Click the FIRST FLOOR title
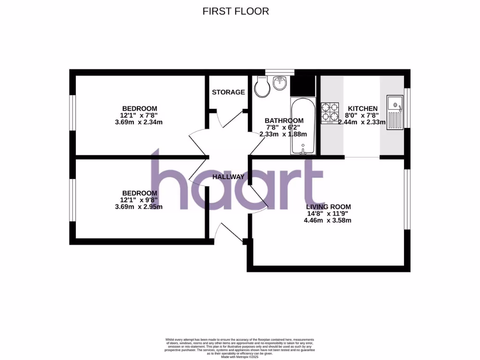click(235, 11)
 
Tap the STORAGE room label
click(228, 92)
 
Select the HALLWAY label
click(228, 177)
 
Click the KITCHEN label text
click(360, 108)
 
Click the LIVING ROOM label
click(328, 207)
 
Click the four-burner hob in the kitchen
click(330, 113)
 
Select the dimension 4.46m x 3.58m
click(328, 220)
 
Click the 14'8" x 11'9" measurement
click(328, 214)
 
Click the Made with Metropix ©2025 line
click(240, 357)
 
